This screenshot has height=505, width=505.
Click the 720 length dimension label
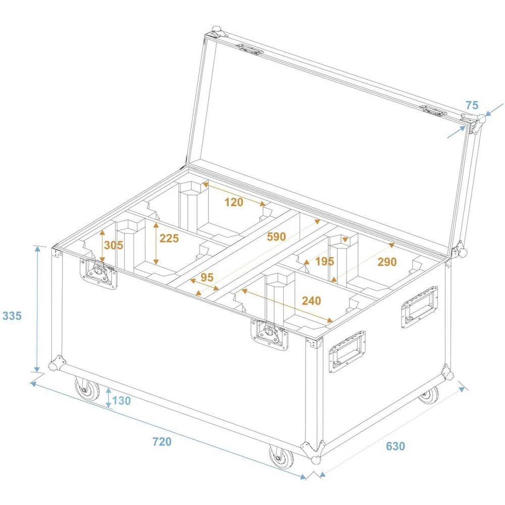click(162, 442)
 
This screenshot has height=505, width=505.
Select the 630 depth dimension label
click(395, 446)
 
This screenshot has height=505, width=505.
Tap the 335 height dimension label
click(12, 316)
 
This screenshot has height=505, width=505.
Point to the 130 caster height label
click(121, 401)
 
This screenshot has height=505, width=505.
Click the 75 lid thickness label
click(472, 106)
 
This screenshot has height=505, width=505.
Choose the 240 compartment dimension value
click(311, 301)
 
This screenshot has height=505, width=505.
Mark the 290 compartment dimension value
click(387, 262)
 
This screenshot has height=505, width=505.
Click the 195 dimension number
click(324, 261)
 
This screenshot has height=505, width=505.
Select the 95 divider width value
click(207, 277)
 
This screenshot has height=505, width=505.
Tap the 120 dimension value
click(234, 203)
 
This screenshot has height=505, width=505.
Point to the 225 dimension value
click(169, 238)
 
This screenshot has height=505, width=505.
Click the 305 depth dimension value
click(114, 245)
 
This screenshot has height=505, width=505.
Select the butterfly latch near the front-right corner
click(270, 335)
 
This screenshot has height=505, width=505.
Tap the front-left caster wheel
click(87, 389)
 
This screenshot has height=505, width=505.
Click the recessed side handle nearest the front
click(347, 352)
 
